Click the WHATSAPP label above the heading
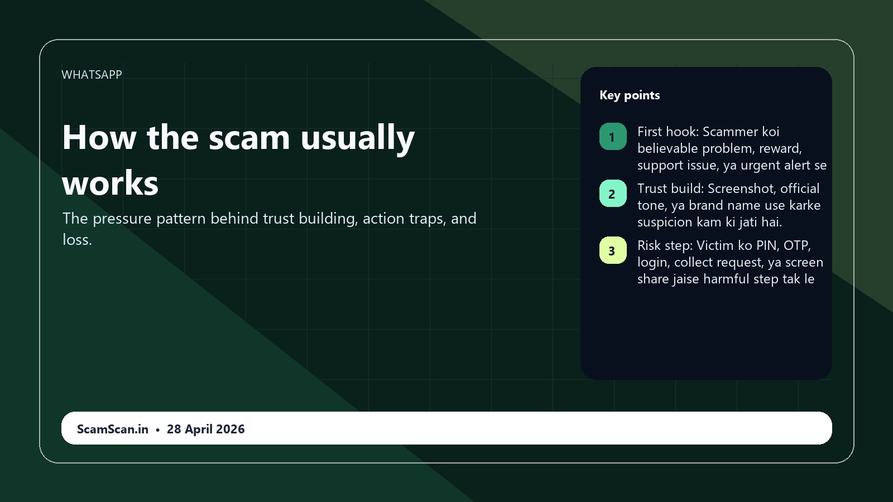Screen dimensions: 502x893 point(92,75)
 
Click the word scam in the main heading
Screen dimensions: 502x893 point(249,137)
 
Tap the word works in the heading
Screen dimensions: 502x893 point(111,183)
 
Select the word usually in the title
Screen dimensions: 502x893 point(357,138)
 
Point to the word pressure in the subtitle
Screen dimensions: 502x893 point(122,219)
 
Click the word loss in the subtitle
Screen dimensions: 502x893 point(76,240)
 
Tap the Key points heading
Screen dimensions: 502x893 point(630,95)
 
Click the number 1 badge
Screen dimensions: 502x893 point(612,137)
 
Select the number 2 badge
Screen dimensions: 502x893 point(612,194)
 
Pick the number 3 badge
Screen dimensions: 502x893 point(612,251)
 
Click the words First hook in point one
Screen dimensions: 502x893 point(668,132)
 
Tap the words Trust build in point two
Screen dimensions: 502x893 point(670,189)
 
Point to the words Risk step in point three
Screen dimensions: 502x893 point(665,246)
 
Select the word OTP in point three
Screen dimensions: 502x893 point(796,246)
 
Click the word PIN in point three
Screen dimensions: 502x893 point(766,246)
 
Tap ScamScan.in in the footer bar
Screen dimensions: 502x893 point(113,429)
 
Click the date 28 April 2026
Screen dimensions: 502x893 point(205,429)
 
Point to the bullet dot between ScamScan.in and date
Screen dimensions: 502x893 point(158,430)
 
